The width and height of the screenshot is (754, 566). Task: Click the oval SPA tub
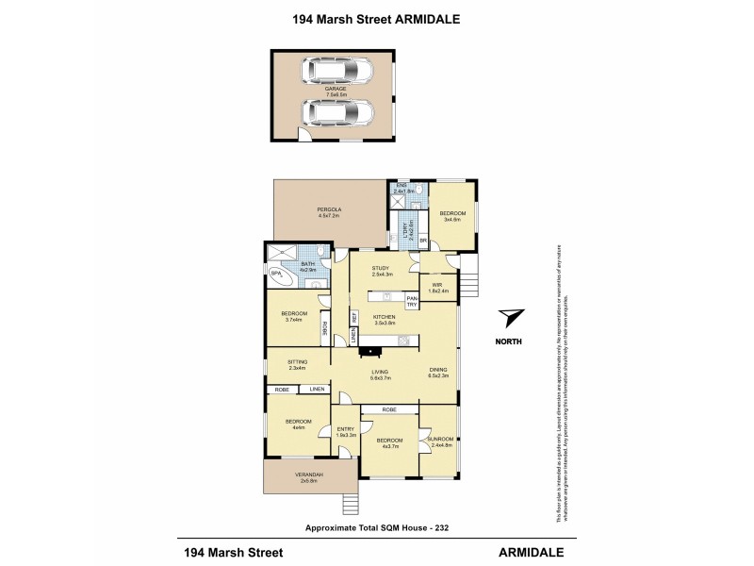(x=279, y=275)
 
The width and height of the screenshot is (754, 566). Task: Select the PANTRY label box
(x=412, y=301)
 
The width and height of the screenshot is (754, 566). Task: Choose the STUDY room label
(x=382, y=269)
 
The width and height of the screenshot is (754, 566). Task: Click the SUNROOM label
(x=440, y=439)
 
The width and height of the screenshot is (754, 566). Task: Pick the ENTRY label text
(x=345, y=430)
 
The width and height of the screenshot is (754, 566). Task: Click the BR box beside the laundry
(x=423, y=241)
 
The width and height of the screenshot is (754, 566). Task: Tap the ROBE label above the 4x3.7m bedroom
(x=388, y=410)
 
